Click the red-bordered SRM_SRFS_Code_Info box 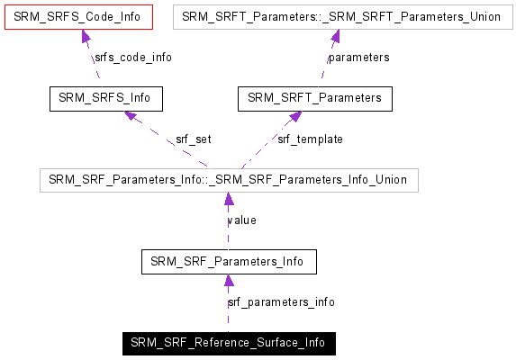pyautogui.click(x=77, y=16)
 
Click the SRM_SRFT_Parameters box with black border pyautogui.click(x=315, y=97)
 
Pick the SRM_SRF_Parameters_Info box pyautogui.click(x=229, y=262)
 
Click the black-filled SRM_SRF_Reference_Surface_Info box pyautogui.click(x=229, y=343)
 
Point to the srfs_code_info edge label pyautogui.click(x=132, y=58)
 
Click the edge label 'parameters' pyautogui.click(x=358, y=58)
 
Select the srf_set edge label pyautogui.click(x=193, y=139)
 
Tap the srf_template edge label pyautogui.click(x=310, y=139)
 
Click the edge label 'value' pyautogui.click(x=242, y=220)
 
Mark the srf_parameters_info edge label pyautogui.click(x=282, y=302)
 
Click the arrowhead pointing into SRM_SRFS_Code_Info pyautogui.click(x=86, y=36)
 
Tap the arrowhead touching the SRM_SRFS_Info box pyautogui.click(x=131, y=116)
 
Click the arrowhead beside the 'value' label pyautogui.click(x=229, y=200)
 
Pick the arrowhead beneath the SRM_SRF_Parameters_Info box pyautogui.click(x=229, y=281)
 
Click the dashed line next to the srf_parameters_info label pyautogui.click(x=229, y=310)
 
